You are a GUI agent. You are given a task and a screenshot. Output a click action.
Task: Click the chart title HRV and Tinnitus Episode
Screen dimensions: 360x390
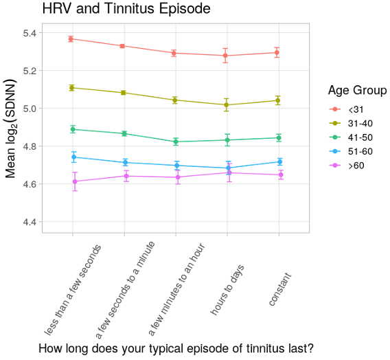click(x=126, y=9)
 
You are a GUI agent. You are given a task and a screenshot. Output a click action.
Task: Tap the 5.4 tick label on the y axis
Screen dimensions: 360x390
click(x=31, y=33)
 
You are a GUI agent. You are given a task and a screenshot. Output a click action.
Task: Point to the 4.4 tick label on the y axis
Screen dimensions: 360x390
click(x=31, y=222)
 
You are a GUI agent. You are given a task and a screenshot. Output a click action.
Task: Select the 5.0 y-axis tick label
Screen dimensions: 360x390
click(x=31, y=109)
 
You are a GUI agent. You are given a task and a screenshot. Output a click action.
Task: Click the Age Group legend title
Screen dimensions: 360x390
click(x=355, y=91)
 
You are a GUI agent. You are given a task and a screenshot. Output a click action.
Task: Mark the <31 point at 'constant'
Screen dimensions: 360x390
click(x=278, y=52)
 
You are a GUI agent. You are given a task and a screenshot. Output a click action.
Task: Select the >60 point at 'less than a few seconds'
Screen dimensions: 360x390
click(x=73, y=181)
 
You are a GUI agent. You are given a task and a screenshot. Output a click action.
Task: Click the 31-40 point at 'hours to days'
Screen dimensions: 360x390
click(x=227, y=105)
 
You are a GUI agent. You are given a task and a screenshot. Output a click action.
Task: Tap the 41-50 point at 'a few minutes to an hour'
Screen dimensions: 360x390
click(x=176, y=142)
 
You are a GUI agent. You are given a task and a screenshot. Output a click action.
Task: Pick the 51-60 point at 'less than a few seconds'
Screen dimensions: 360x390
click(x=73, y=157)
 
